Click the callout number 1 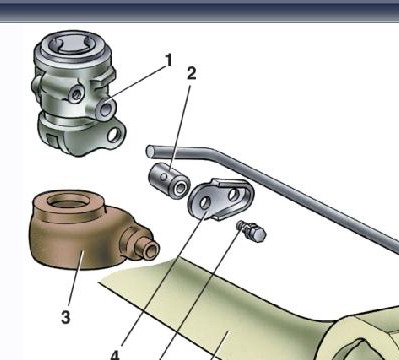click(x=169, y=60)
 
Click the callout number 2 click(x=191, y=73)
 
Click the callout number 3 click(x=66, y=317)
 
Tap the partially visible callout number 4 click(x=115, y=355)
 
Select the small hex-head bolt click(x=252, y=231)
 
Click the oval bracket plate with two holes click(x=221, y=199)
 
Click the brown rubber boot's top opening click(x=68, y=201)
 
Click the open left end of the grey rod click(x=150, y=151)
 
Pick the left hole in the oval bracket click(x=204, y=202)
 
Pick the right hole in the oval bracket click(x=234, y=195)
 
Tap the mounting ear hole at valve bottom click(x=114, y=134)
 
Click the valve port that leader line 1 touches click(x=106, y=109)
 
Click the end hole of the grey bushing click(x=181, y=188)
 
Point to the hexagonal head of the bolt click(x=258, y=234)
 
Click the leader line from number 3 click(x=76, y=279)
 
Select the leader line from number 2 click(x=180, y=126)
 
